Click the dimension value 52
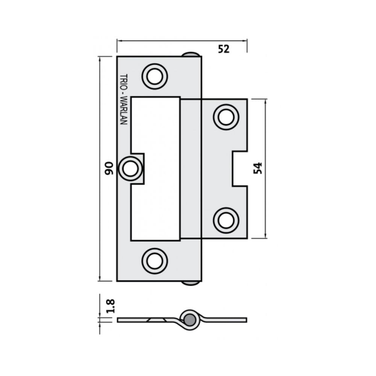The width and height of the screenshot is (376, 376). pyautogui.click(x=224, y=49)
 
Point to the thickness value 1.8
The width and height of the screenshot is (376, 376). pyautogui.click(x=110, y=306)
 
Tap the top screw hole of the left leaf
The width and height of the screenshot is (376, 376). pyautogui.click(x=154, y=77)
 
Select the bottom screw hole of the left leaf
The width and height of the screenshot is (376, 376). pyautogui.click(x=154, y=260)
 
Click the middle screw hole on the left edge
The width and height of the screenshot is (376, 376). pyautogui.click(x=130, y=168)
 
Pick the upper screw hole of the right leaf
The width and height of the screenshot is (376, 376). pyautogui.click(x=226, y=117)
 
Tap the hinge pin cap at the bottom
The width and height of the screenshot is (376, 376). pyautogui.click(x=191, y=283)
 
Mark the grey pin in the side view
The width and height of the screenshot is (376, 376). pyautogui.click(x=190, y=320)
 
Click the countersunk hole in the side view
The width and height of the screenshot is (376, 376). pyautogui.click(x=156, y=320)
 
